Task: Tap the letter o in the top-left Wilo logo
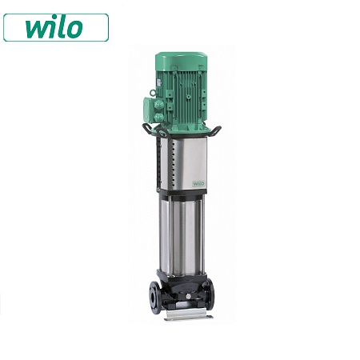[74, 29]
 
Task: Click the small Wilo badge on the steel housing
[198, 183]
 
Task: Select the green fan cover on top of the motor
[182, 61]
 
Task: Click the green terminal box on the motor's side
[150, 110]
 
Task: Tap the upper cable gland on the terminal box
[159, 104]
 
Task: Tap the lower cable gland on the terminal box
[159, 118]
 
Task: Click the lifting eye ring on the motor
[153, 93]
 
